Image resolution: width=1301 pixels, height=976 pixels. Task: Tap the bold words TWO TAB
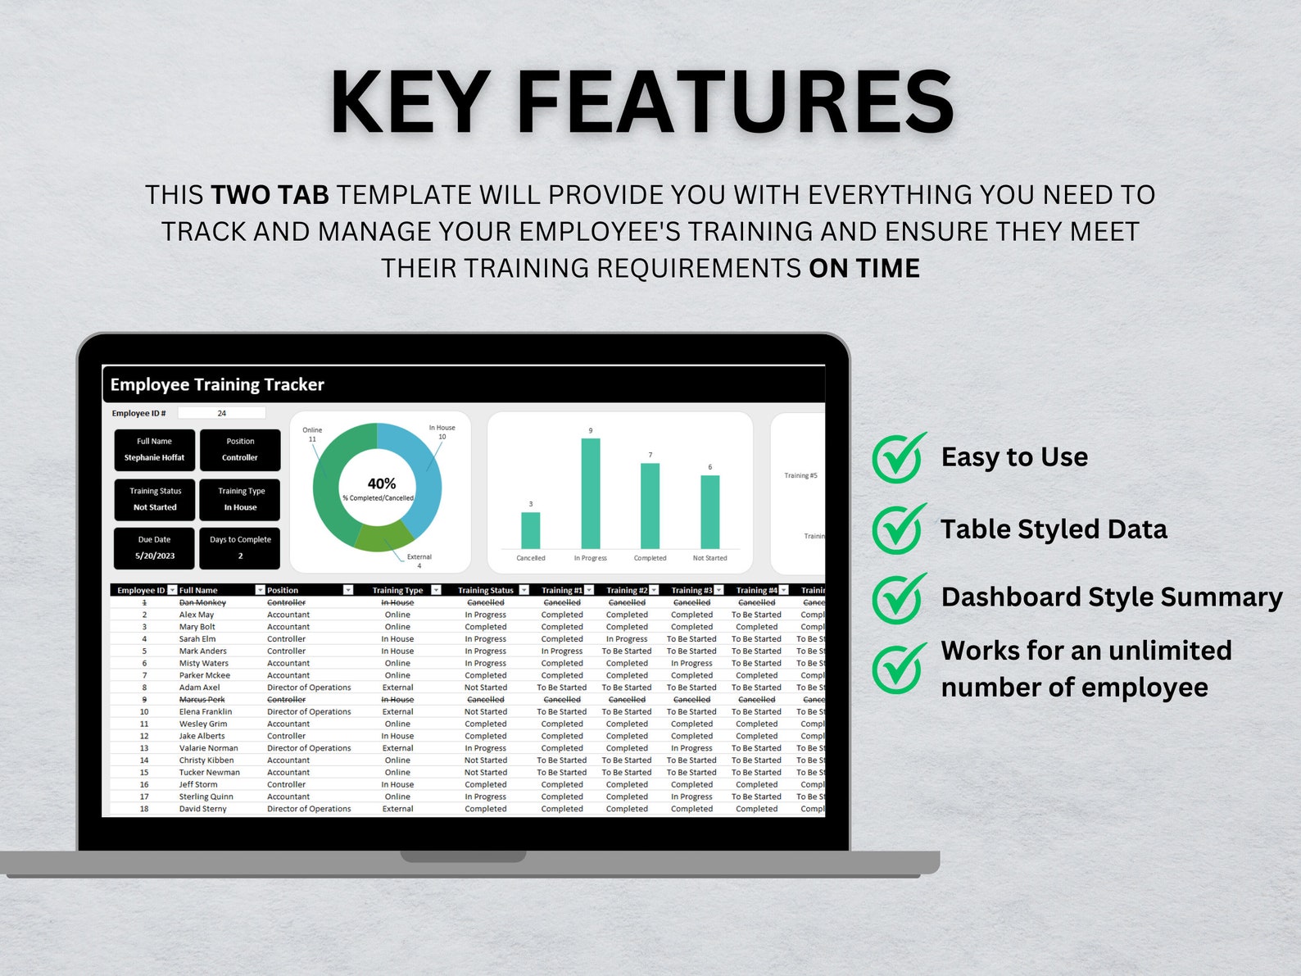click(x=270, y=195)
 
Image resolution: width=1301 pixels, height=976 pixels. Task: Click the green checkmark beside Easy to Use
click(x=899, y=457)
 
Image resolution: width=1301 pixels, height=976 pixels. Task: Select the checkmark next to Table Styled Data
click(x=899, y=529)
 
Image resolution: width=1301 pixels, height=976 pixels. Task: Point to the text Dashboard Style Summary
click(x=1111, y=597)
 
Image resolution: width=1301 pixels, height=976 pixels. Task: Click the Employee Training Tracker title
click(x=217, y=385)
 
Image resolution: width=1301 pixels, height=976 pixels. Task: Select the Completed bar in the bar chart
click(x=650, y=506)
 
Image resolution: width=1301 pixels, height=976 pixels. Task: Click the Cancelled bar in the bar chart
click(x=531, y=530)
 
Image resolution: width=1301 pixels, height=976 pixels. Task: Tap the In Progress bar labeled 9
click(x=590, y=493)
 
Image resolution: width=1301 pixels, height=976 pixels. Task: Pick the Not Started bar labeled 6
click(x=709, y=511)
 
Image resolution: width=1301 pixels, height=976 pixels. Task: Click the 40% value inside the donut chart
click(x=381, y=483)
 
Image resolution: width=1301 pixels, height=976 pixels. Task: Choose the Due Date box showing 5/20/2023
click(x=155, y=548)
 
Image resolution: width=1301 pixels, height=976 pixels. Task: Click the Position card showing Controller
click(x=240, y=450)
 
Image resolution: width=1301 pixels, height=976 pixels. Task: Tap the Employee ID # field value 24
click(x=221, y=414)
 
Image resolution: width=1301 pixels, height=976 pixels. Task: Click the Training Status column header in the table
click(x=485, y=590)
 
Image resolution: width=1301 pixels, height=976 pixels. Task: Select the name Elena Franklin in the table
click(x=206, y=712)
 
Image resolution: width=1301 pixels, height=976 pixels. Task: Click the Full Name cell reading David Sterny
click(x=202, y=809)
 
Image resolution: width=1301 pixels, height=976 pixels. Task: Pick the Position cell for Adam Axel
click(x=309, y=688)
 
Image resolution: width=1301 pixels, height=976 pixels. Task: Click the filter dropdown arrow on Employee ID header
click(x=172, y=590)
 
